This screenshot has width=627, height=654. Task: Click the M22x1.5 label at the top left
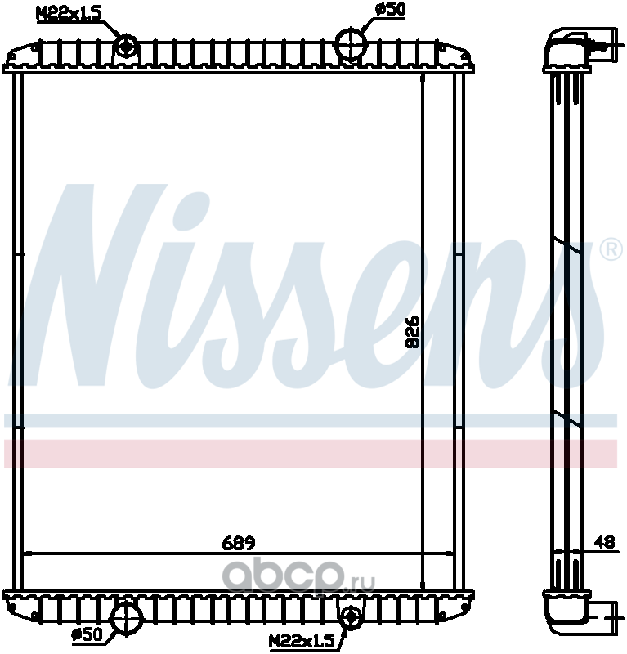69,13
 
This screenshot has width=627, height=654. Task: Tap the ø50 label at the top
390,9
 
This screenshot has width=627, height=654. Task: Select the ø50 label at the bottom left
87,634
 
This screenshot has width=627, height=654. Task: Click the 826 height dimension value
413,332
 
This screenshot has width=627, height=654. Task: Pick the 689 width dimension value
238,543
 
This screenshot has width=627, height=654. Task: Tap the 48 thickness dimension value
604,541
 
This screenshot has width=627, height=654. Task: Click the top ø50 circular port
351,43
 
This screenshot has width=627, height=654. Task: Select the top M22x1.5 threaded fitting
125,46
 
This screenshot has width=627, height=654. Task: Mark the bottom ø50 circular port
128,618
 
